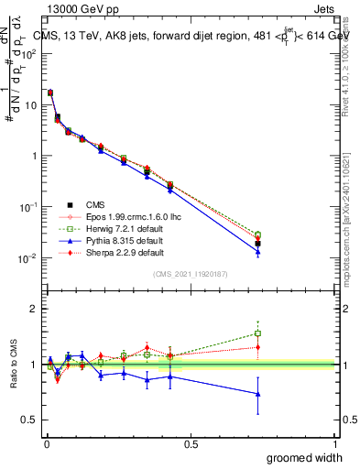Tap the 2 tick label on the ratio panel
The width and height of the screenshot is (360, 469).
[x=36, y=309]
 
